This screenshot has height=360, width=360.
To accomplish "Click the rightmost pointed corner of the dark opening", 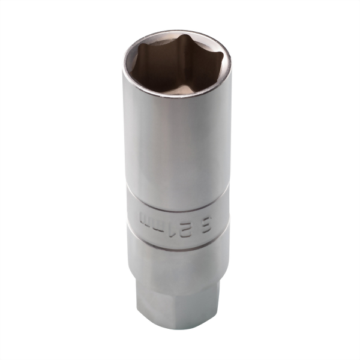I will click(x=223, y=58).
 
